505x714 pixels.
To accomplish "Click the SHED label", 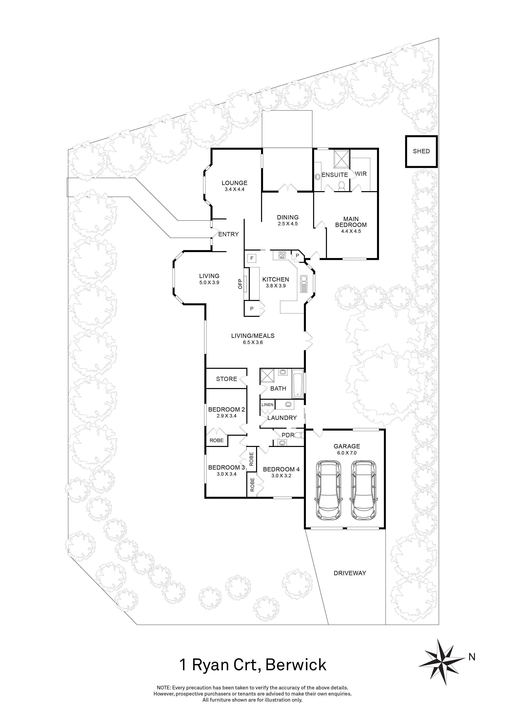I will (421, 151).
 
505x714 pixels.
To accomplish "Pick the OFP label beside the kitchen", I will (240, 284).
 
